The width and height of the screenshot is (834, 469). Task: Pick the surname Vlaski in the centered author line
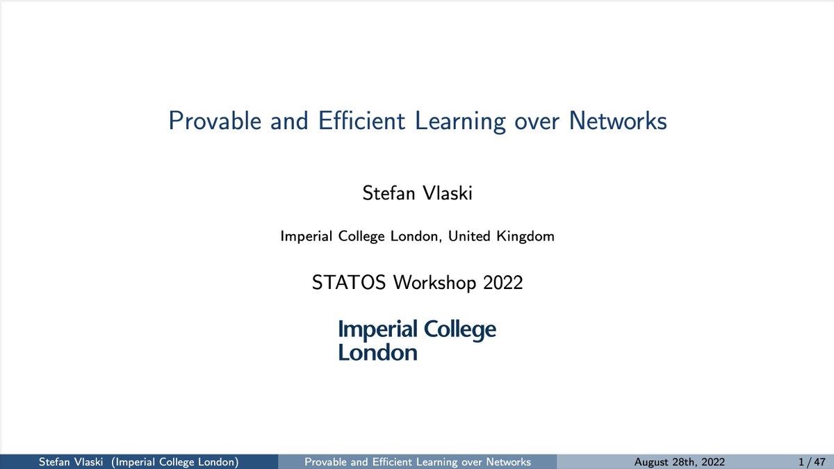pos(447,193)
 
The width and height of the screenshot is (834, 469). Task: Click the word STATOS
pos(350,283)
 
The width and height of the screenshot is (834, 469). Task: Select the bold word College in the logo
pos(459,330)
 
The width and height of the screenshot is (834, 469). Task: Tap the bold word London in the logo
pos(377,352)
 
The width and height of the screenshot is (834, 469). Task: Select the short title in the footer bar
pos(418,462)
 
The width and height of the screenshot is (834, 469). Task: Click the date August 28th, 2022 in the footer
pos(680,462)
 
